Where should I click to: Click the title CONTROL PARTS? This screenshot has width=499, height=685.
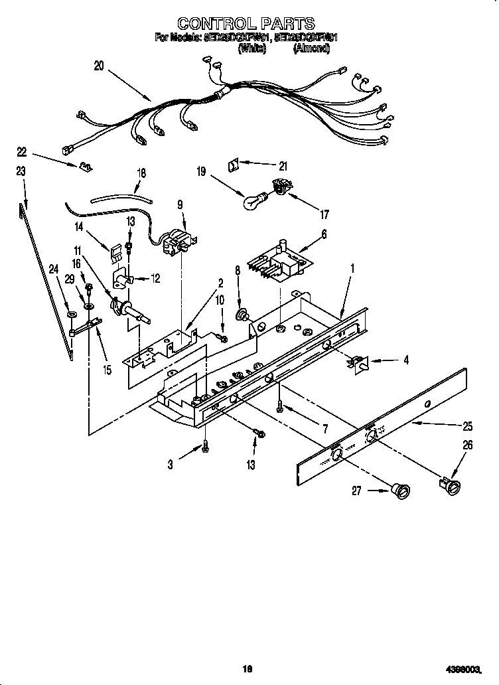(x=247, y=25)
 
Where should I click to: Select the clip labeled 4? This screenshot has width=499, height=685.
(x=359, y=362)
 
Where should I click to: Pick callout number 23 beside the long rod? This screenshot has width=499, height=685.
(x=21, y=171)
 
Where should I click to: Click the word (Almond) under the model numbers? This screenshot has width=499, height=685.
(x=309, y=48)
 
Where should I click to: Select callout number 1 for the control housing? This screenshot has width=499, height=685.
(x=352, y=269)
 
